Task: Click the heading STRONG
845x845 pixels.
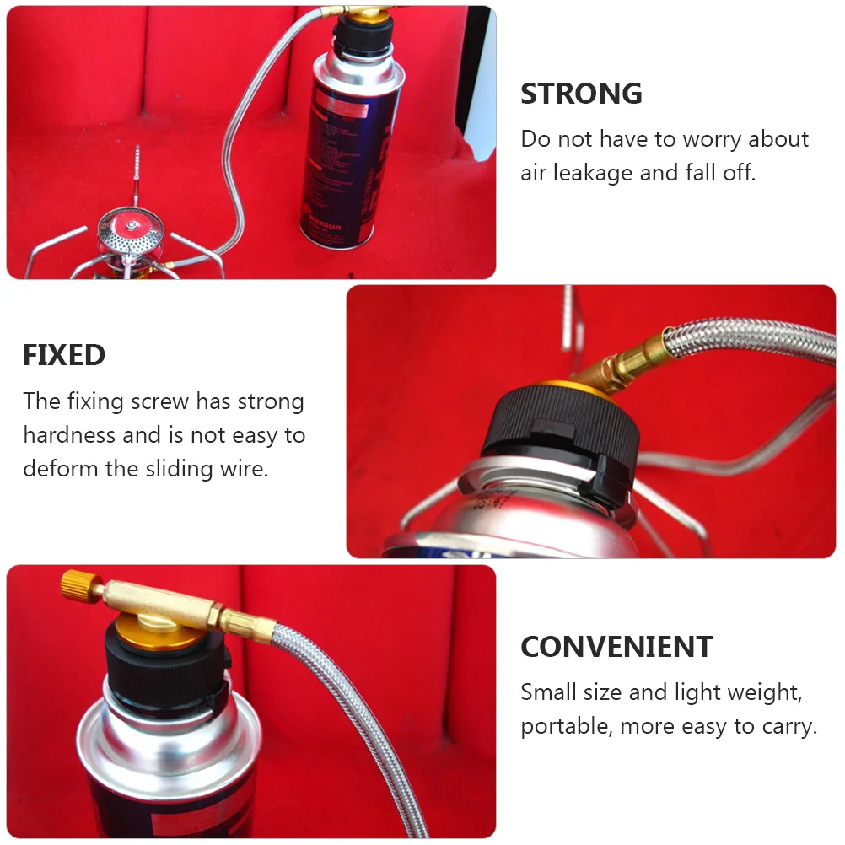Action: pyautogui.click(x=581, y=94)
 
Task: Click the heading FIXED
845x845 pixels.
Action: pyautogui.click(x=64, y=355)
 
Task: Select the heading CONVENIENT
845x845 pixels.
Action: pyautogui.click(x=616, y=647)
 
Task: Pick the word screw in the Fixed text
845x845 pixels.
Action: pyautogui.click(x=160, y=401)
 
